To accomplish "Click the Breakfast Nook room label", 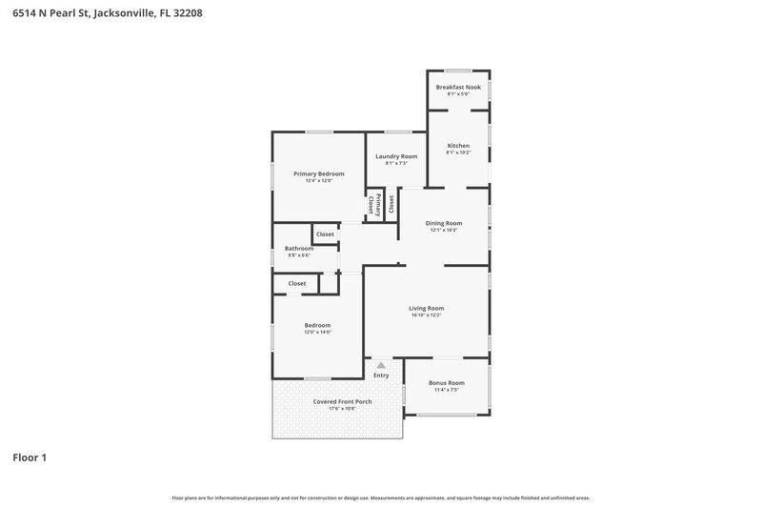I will pos(458,87).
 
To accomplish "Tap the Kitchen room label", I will pos(458,146).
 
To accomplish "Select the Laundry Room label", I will pos(396,156).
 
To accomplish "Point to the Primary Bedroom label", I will pos(318,173).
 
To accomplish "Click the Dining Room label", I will pos(444,223).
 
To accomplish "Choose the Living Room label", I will pos(427,308).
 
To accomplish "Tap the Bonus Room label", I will pos(447,382).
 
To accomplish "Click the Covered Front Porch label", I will pos(342,401).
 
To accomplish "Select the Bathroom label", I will pos(299,248).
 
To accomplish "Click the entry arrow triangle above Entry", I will pos(381,365).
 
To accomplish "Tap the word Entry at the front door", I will pos(381,376).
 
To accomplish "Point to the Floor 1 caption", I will pos(30,457).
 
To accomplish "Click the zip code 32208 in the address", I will pos(184,14).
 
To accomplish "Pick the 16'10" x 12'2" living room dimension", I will pos(427,315).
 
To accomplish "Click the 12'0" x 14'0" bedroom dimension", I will pos(317,332).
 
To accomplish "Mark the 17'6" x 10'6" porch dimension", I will pos(342,408).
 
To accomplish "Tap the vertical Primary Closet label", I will pos(378,205).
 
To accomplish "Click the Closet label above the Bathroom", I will pos(325,234).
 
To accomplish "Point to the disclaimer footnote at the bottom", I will pos(380,498).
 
